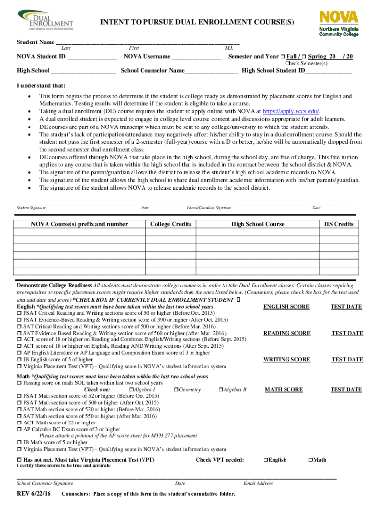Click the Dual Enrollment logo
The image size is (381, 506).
coord(45,20)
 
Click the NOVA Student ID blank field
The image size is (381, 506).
coord(92,57)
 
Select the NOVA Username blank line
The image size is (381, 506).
coord(196,57)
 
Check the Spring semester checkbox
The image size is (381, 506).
coord(304,57)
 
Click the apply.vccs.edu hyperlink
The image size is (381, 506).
coord(290,112)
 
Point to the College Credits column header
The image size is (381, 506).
coord(171,224)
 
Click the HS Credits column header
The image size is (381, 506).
coord(338,224)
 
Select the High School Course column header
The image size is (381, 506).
coord(257,224)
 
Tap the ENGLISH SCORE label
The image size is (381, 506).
coord(286,307)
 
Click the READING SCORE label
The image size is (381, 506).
coord(286,333)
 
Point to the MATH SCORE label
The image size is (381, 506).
coord(284,390)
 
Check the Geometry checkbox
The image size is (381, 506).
coord(176,390)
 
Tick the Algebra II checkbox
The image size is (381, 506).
coord(220,390)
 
